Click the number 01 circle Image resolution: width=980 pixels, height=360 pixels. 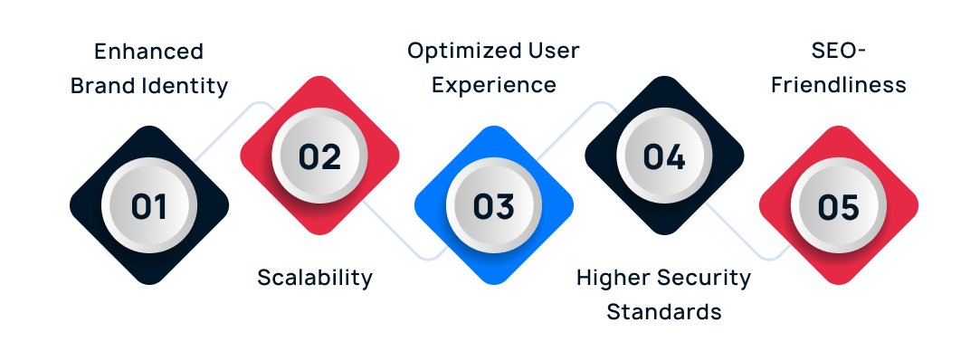click(149, 206)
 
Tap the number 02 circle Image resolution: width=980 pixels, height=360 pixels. click(319, 156)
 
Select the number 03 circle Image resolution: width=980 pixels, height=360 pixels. click(494, 206)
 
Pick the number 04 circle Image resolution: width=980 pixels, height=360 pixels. click(664, 156)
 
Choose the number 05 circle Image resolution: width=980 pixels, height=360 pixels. click(838, 206)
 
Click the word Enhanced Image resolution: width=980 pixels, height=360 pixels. click(149, 52)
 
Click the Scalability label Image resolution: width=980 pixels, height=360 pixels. click(315, 277)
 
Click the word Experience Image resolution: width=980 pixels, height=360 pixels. click(493, 86)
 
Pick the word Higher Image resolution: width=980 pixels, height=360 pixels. click(609, 277)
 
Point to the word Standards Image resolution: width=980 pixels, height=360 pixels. click(664, 311)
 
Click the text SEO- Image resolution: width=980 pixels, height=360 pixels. click(838, 52)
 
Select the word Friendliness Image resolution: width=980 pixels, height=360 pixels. click(838, 86)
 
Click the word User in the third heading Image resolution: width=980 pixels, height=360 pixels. click(553, 52)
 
